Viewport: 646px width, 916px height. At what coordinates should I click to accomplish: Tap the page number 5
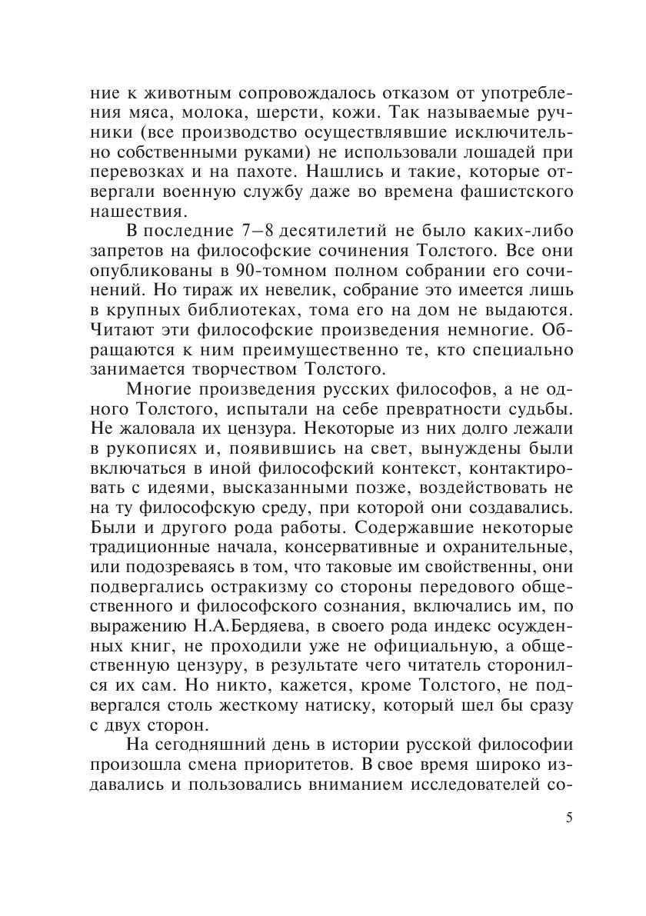pyautogui.click(x=568, y=818)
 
